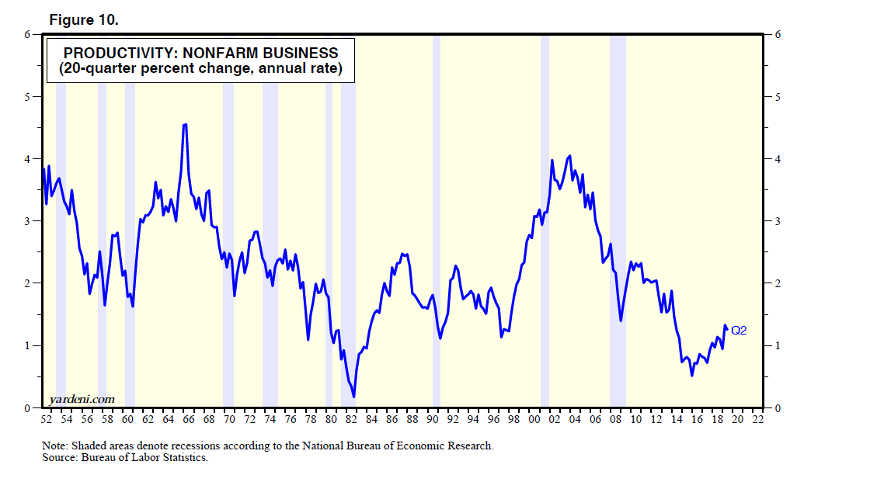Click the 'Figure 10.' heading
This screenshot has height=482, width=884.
84,20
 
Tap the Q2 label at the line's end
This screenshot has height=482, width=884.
739,331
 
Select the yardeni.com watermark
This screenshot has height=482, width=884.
82,399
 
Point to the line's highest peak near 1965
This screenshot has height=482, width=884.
184,124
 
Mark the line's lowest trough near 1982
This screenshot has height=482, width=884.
354,397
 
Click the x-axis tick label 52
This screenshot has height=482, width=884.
46,420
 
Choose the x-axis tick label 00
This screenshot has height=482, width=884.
534,420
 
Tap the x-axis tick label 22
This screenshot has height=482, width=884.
757,420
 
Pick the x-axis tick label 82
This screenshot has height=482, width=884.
351,420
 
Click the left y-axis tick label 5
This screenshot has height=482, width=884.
27,97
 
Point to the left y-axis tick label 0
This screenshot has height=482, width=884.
27,408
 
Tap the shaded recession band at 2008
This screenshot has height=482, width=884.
618,233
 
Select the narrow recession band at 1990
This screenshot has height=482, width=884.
437,233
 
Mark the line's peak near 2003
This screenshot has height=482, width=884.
570,156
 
